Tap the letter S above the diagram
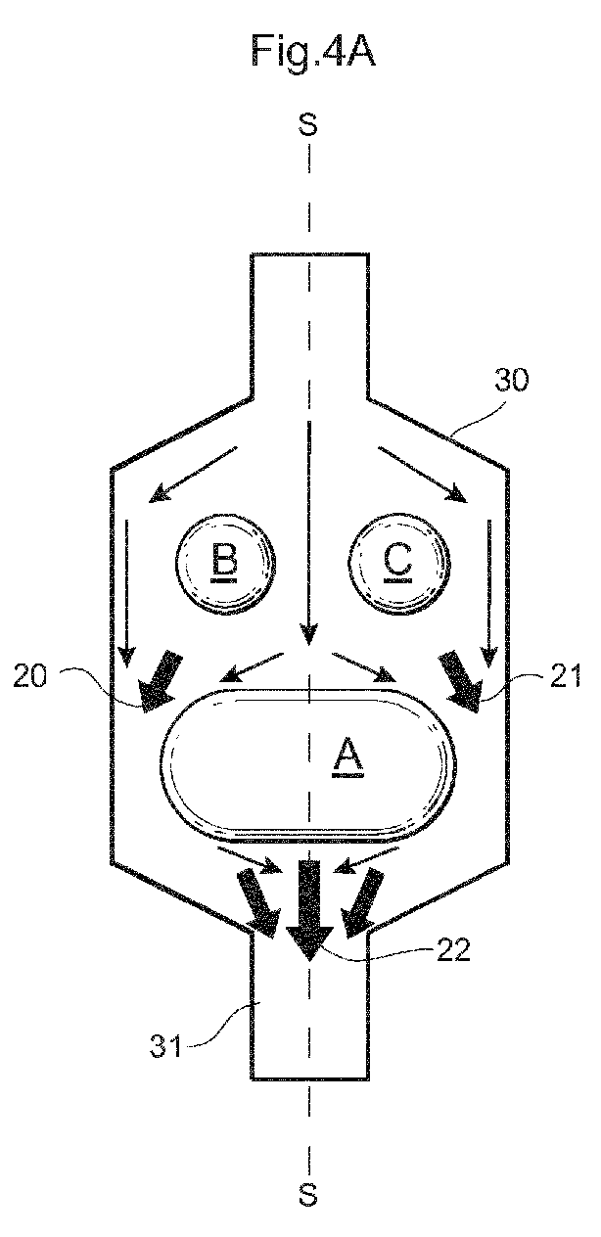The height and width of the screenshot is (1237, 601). (308, 124)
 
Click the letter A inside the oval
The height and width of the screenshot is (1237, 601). (348, 757)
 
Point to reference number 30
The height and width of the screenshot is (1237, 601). (511, 381)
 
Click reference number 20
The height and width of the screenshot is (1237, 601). (30, 676)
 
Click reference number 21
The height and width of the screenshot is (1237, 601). (565, 676)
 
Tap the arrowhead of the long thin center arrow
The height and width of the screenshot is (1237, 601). (308, 635)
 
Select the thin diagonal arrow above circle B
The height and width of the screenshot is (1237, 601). (192, 475)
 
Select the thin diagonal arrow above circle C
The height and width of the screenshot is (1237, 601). (423, 475)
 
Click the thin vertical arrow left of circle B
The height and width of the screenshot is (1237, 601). (127, 592)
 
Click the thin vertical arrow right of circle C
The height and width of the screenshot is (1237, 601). (488, 592)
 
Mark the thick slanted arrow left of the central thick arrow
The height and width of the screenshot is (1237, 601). (257, 904)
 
